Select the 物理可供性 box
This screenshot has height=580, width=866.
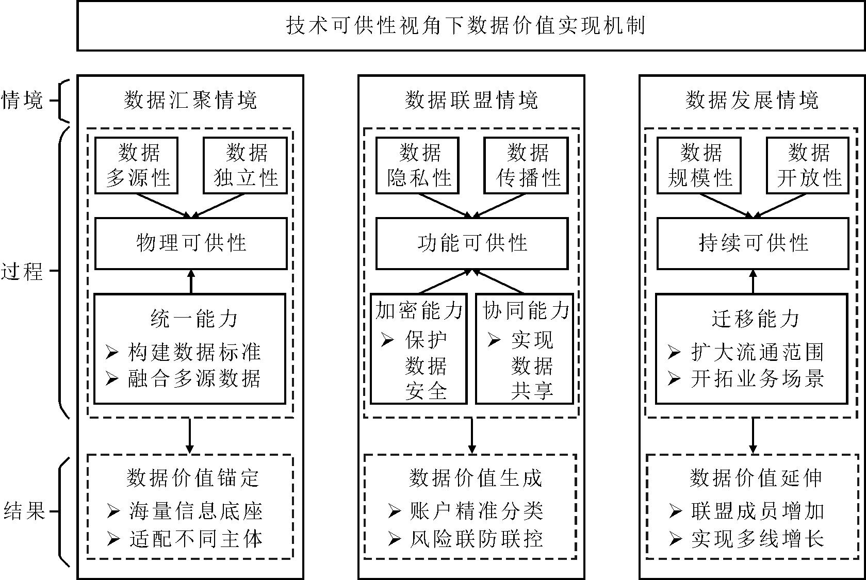[191, 243]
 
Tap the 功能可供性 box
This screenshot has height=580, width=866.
[471, 243]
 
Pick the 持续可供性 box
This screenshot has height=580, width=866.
[753, 243]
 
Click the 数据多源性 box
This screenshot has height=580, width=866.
[137, 165]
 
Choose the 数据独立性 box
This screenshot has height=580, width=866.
[245, 165]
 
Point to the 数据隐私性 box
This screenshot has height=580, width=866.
[418, 165]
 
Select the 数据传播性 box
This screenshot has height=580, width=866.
[526, 165]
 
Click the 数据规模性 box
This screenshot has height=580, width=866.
[699, 165]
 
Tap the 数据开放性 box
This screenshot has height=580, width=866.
[807, 165]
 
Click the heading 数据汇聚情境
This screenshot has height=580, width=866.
[190, 100]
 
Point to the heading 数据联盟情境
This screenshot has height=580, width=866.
[471, 100]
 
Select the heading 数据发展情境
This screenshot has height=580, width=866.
[752, 100]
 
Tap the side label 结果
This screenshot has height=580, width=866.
[24, 511]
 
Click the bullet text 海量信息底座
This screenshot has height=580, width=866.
[195, 511]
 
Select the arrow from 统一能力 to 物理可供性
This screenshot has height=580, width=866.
[191, 281]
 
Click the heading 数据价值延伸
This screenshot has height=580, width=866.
[756, 478]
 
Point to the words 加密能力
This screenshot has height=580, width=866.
[419, 310]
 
